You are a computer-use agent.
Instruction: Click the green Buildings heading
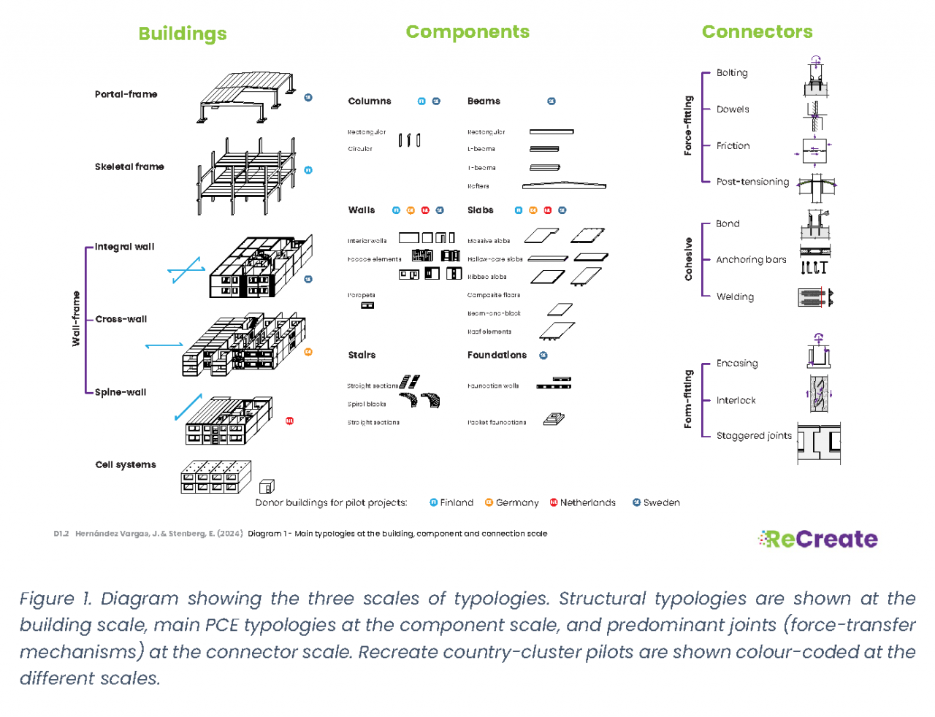[183, 34]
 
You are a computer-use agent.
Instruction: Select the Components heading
[467, 32]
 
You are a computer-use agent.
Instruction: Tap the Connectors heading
[757, 32]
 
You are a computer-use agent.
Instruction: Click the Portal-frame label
[126, 94]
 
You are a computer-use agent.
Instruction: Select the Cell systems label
[126, 464]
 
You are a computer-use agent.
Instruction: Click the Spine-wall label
[121, 392]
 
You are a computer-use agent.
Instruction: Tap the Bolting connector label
[732, 73]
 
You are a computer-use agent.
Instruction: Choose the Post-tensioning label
[752, 182]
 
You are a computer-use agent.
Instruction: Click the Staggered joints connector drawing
[819, 442]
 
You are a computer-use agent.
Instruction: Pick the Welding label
[735, 296]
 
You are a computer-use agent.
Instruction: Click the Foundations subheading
[497, 355]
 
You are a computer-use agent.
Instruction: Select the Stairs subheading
[362, 355]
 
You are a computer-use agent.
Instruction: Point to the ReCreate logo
[818, 539]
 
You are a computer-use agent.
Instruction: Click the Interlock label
[736, 400]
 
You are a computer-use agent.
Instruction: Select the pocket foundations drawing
[554, 419]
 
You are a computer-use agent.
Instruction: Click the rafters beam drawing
[564, 185]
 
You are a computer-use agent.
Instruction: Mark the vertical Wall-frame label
[76, 318]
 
